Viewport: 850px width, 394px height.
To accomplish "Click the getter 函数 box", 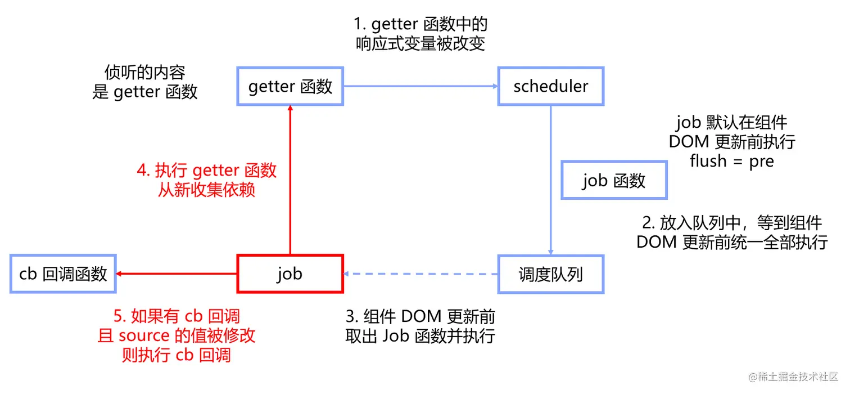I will coord(290,87).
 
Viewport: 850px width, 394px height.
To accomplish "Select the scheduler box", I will coord(550,87).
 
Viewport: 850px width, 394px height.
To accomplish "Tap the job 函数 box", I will coord(614,181).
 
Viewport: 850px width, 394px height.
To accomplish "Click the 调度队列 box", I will coord(550,274).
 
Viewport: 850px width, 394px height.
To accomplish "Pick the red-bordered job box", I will coord(290,274).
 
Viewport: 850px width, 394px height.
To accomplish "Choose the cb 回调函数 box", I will coord(63,274).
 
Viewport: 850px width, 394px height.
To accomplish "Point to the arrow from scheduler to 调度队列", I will coord(550,180).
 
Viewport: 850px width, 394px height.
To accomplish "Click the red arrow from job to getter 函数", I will coord(290,180).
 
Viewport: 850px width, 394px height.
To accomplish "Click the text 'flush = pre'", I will coord(732,161).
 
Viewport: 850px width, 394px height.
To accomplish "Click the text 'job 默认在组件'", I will coord(732,122).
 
